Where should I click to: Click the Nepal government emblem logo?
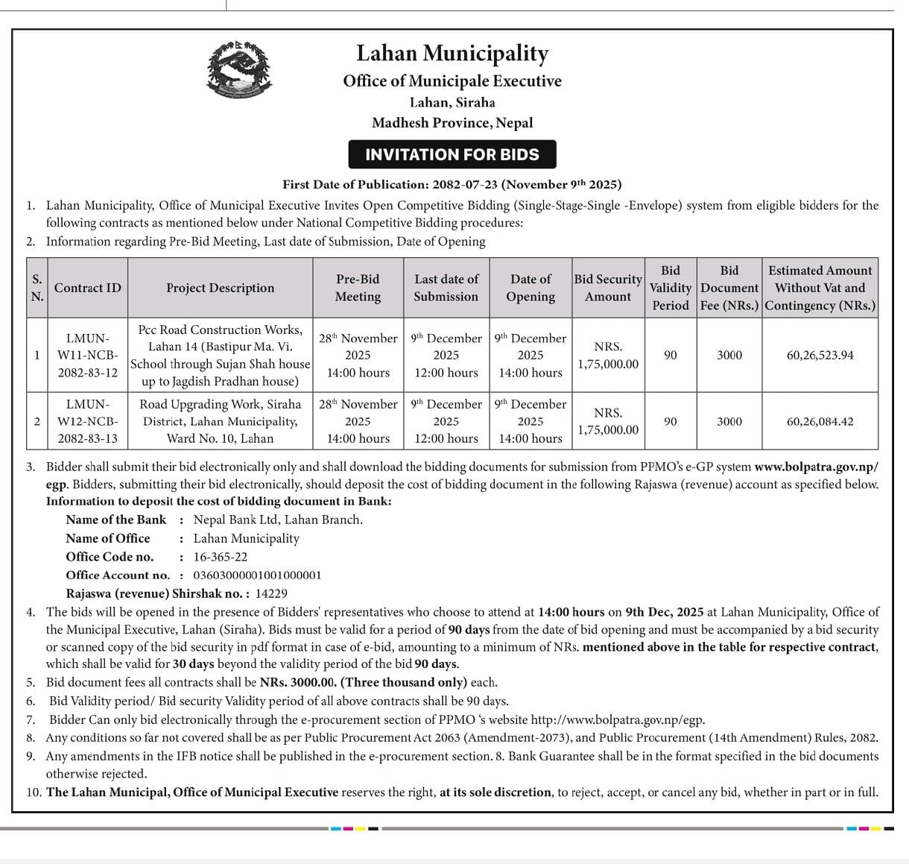[238, 70]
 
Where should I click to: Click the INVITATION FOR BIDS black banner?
[452, 154]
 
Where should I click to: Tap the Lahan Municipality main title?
[452, 53]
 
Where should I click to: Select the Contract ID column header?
[87, 288]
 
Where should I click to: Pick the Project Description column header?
[220, 288]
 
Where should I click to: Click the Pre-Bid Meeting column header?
[358, 288]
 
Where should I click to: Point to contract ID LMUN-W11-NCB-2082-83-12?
[87, 355]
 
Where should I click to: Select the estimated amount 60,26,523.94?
[820, 355]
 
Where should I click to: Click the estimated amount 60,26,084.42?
[820, 421]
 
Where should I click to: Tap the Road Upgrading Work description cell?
[220, 421]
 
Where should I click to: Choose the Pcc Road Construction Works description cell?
[220, 355]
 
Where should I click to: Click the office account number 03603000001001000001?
[257, 575]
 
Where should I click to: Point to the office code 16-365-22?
[220, 557]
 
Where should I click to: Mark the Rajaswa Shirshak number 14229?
[271, 593]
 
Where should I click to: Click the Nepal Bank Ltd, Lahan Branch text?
[278, 520]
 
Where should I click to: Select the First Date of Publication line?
[452, 184]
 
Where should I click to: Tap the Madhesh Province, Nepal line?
[452, 123]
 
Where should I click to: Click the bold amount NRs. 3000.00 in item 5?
[298, 682]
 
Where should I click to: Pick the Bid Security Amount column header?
[607, 288]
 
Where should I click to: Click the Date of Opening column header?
[530, 288]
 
